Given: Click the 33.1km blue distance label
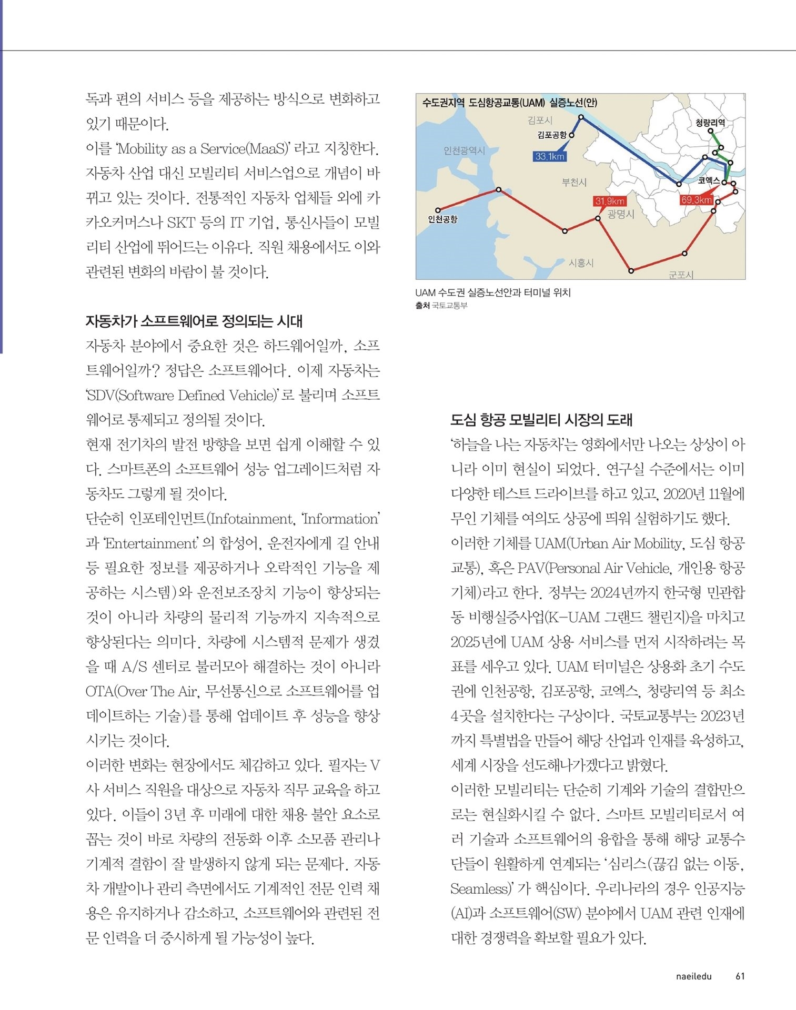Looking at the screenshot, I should [549, 156].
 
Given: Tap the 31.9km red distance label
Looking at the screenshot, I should [610, 201].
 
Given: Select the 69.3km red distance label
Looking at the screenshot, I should [696, 200].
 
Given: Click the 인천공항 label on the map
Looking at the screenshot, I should [443, 219].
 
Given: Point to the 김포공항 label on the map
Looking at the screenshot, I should [552, 135].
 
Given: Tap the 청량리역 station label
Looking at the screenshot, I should [710, 123].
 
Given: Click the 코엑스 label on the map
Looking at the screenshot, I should [709, 180].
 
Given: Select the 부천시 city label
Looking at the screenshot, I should [574, 182].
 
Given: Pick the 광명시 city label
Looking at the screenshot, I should [621, 214].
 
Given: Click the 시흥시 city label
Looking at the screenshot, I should [581, 262].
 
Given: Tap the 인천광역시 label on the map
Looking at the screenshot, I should [464, 151].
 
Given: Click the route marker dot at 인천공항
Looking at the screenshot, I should [438, 210].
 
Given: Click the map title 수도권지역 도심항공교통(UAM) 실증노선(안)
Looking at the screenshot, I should [509, 103].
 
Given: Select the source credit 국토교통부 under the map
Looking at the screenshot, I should [449, 305].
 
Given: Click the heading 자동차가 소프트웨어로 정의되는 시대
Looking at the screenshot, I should [194, 321].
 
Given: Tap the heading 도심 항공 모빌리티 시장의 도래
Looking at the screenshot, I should [541, 420].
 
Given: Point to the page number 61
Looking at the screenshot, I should [740, 976].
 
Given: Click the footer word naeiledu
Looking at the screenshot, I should [693, 976].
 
